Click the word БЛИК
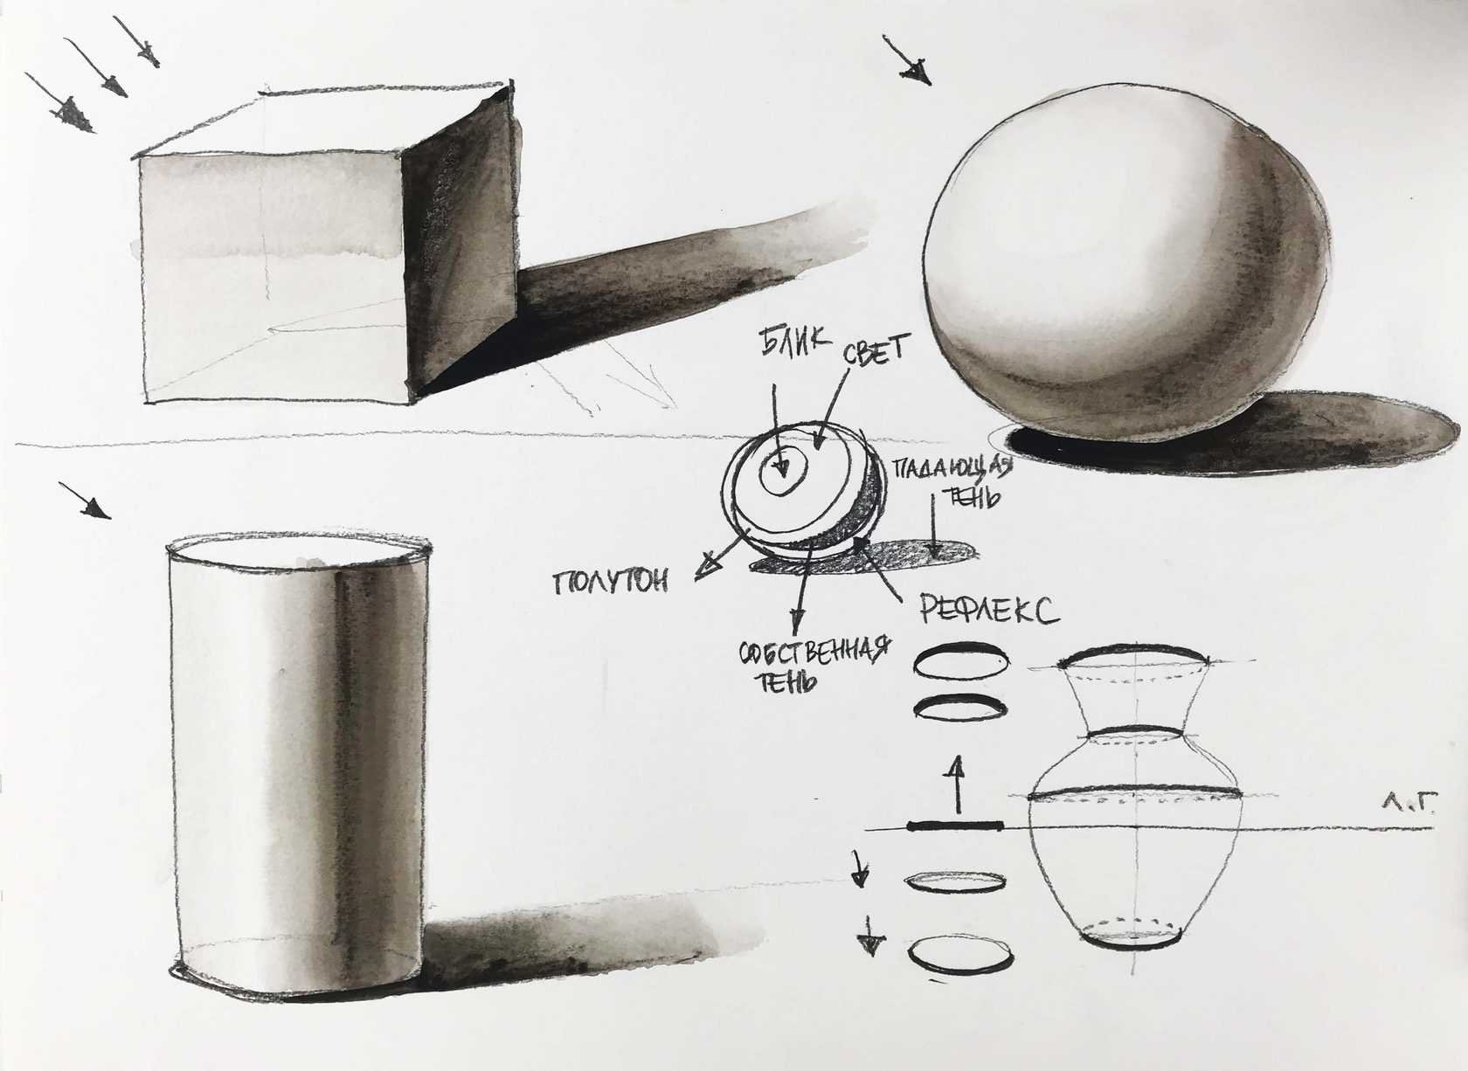795,342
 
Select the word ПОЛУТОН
611,582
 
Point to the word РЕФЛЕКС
989,611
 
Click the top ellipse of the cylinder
300,545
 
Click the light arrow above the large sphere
907,60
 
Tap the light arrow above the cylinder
85,501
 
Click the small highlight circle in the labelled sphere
783,472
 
